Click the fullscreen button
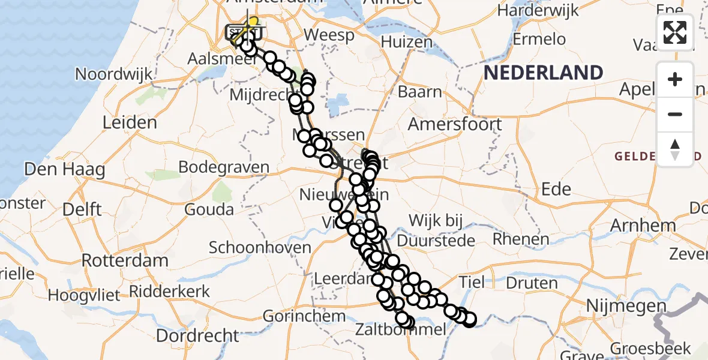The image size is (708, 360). (675, 32)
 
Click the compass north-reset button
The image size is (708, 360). (675, 149)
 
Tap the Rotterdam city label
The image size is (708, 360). (125, 261)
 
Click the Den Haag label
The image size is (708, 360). (65, 170)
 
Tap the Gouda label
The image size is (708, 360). (209, 210)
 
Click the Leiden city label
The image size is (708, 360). (130, 122)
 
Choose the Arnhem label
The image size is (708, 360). (643, 226)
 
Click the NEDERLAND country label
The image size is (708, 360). (544, 73)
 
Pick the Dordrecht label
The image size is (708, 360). (193, 334)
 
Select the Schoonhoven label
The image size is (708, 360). (260, 247)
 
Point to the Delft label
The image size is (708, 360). (84, 210)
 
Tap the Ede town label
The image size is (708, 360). (556, 189)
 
